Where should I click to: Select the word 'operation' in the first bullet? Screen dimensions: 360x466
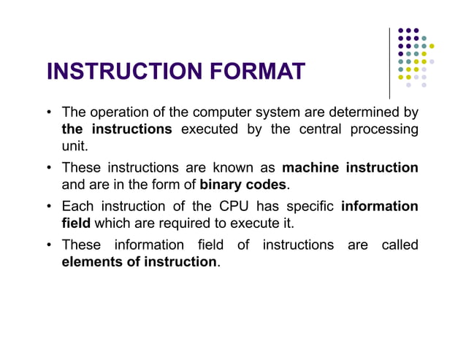120,113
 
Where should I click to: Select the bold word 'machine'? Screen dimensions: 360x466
310,167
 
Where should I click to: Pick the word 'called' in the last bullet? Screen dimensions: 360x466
400,245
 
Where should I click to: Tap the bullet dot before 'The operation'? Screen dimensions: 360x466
49,113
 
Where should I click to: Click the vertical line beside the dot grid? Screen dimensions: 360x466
389,62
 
